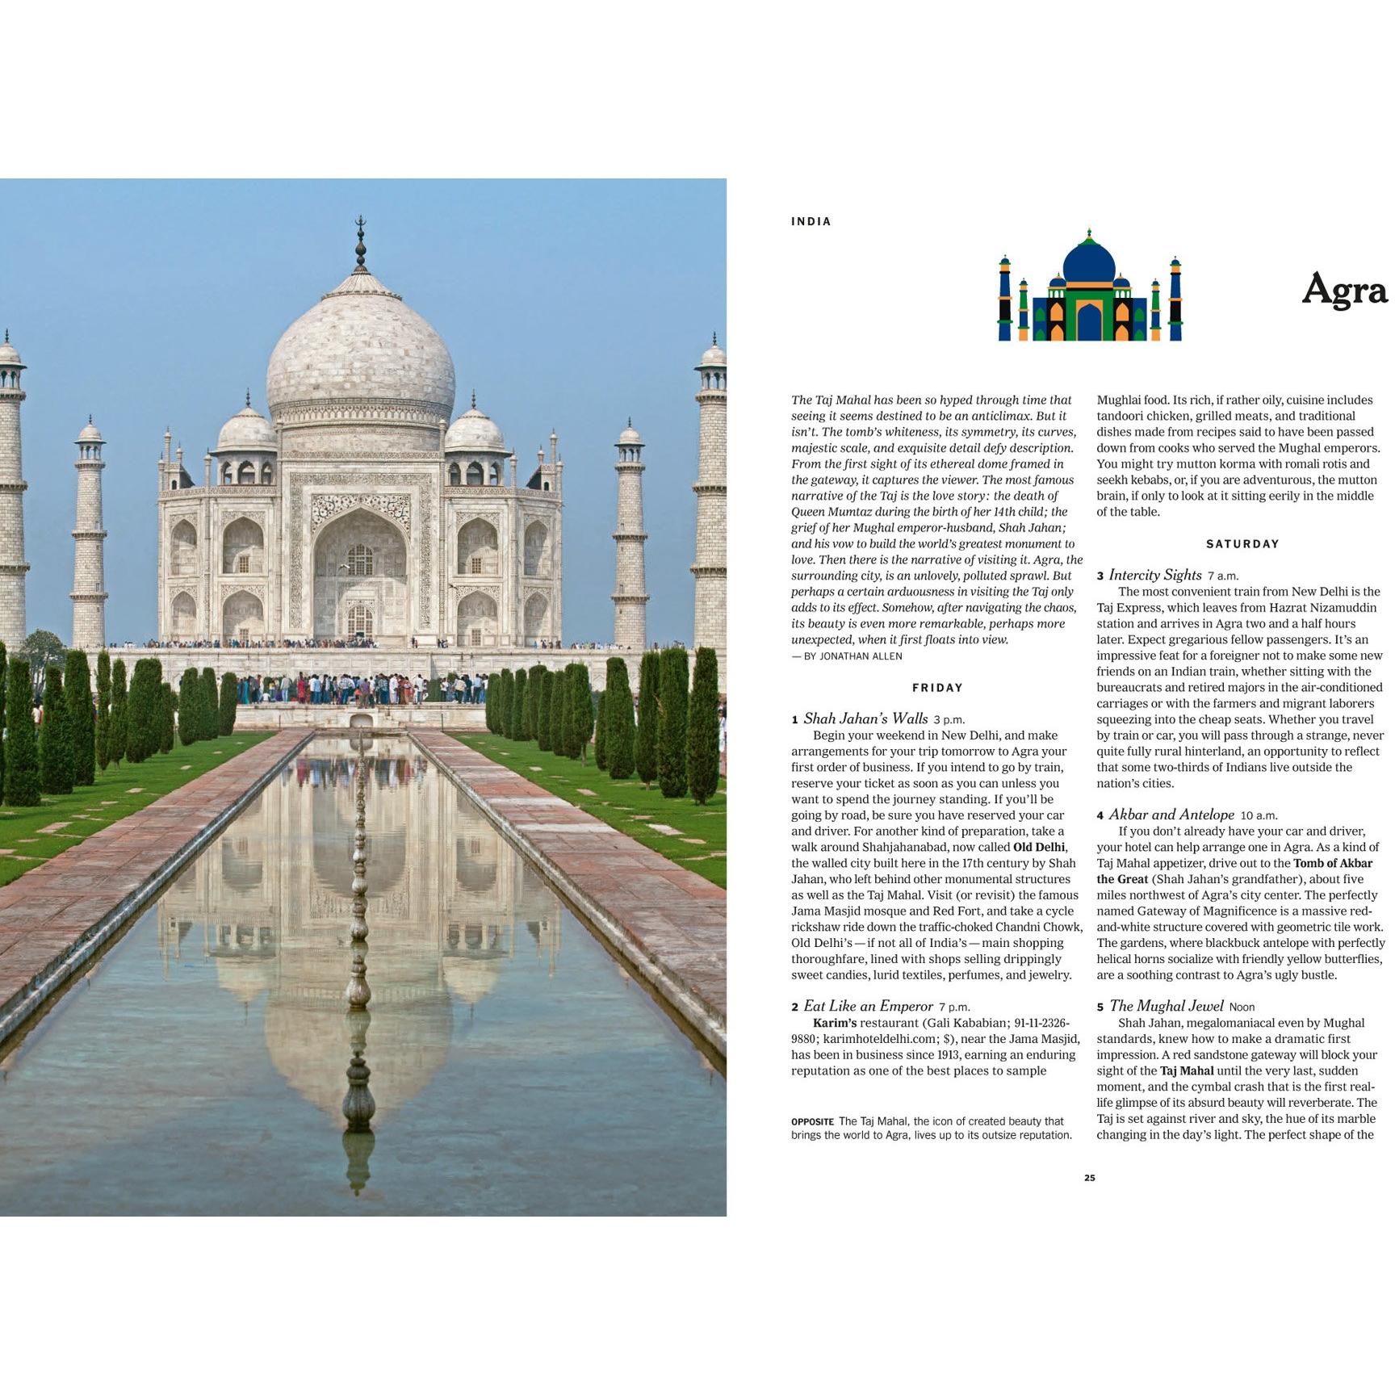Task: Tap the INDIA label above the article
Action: pos(811,222)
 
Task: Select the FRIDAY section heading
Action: pos(937,688)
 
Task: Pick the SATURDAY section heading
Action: pos(1242,544)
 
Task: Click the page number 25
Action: pos(1089,1178)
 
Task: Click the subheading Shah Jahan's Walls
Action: pos(865,718)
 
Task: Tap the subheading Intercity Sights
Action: pos(1154,575)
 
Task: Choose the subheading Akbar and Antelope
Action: pos(1171,815)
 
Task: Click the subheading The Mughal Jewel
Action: pos(1166,1006)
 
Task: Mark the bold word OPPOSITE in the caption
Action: pos(812,1122)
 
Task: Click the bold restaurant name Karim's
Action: pos(834,1024)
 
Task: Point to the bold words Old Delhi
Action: pos(1039,848)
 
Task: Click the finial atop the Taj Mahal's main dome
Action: pos(361,242)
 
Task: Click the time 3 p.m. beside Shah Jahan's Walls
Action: pos(949,720)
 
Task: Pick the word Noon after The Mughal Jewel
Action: pos(1242,1007)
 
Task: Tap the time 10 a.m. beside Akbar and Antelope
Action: pos(1259,816)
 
